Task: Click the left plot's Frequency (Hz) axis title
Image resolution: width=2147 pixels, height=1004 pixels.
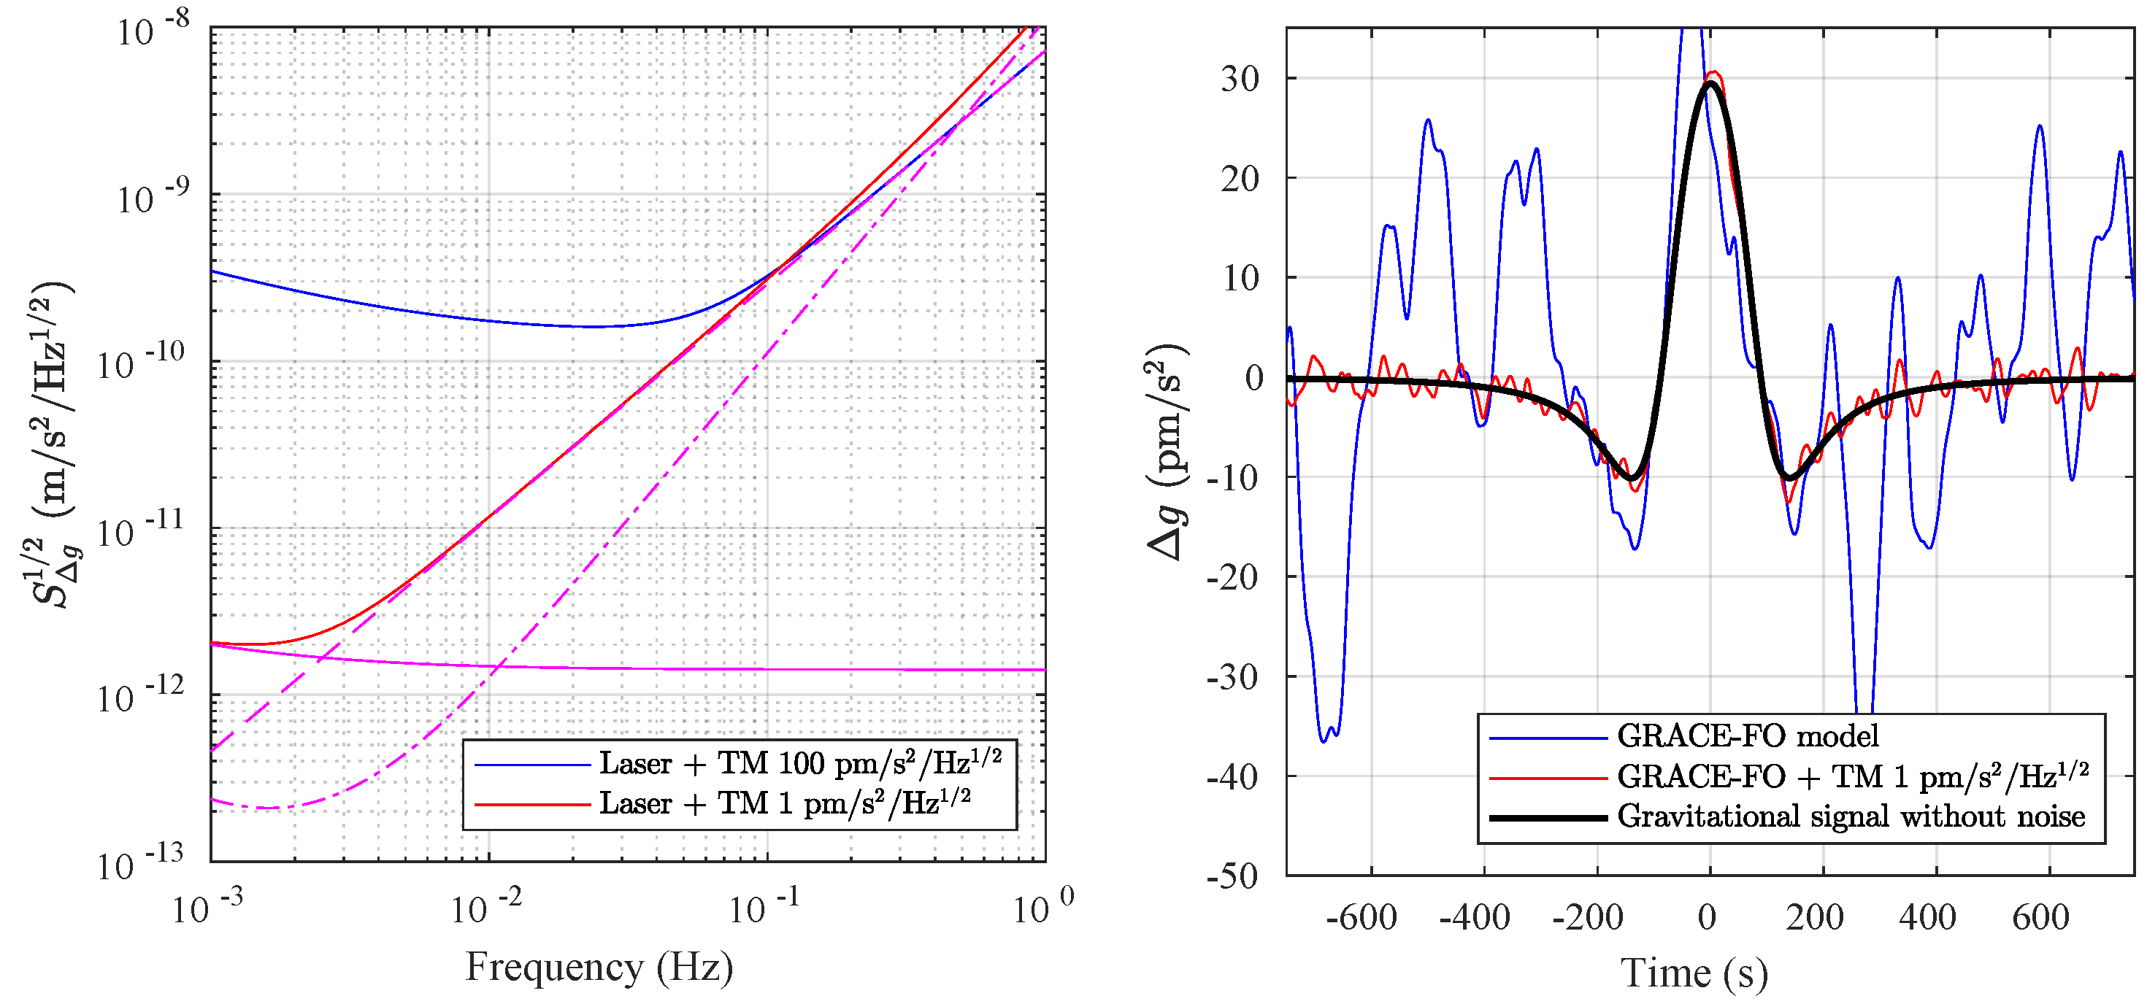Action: [x=599, y=967]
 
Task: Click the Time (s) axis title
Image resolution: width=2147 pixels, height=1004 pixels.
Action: [x=1694, y=973]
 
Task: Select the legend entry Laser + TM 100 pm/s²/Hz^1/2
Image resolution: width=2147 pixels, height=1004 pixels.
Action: [x=800, y=763]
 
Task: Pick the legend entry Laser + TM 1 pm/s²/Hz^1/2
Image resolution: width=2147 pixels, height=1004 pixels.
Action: [x=784, y=803]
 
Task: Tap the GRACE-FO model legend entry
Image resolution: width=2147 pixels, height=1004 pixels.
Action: [x=1747, y=735]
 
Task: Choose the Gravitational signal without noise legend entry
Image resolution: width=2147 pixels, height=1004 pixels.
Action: [x=1851, y=816]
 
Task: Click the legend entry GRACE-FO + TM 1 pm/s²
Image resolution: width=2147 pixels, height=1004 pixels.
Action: [x=1852, y=776]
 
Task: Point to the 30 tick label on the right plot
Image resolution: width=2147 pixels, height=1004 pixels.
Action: [x=1240, y=79]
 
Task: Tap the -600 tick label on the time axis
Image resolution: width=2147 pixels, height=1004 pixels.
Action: [x=1361, y=917]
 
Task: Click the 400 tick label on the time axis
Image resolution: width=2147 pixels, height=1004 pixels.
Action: [x=1927, y=917]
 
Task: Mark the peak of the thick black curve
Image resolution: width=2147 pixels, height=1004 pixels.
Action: [x=1710, y=82]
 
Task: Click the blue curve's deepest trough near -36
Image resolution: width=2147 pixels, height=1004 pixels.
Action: [x=1324, y=740]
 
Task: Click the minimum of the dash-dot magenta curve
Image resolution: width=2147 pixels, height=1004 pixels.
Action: [x=266, y=808]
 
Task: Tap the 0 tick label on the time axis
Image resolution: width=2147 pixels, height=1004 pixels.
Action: [x=1707, y=917]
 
